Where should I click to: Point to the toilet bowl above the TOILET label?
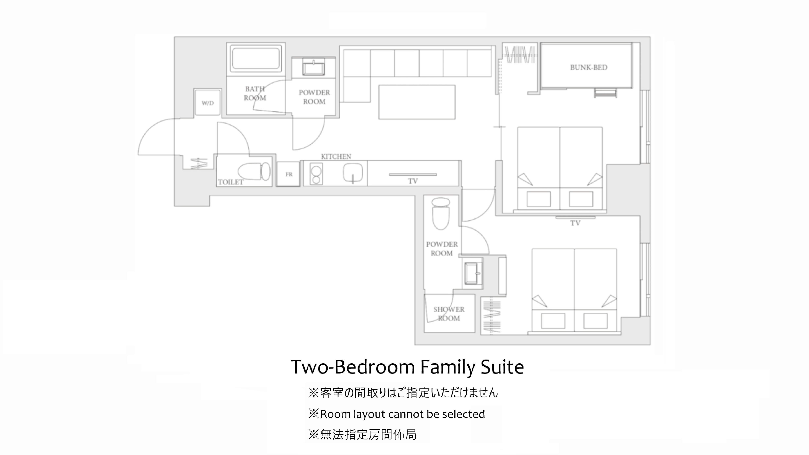pos(254,171)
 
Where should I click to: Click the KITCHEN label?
pos(336,156)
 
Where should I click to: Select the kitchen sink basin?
pos(353,173)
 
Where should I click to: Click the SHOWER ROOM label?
pos(449,314)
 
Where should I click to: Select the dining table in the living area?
pos(417,102)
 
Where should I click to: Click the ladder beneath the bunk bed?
pos(605,93)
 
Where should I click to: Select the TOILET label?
pos(231,182)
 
